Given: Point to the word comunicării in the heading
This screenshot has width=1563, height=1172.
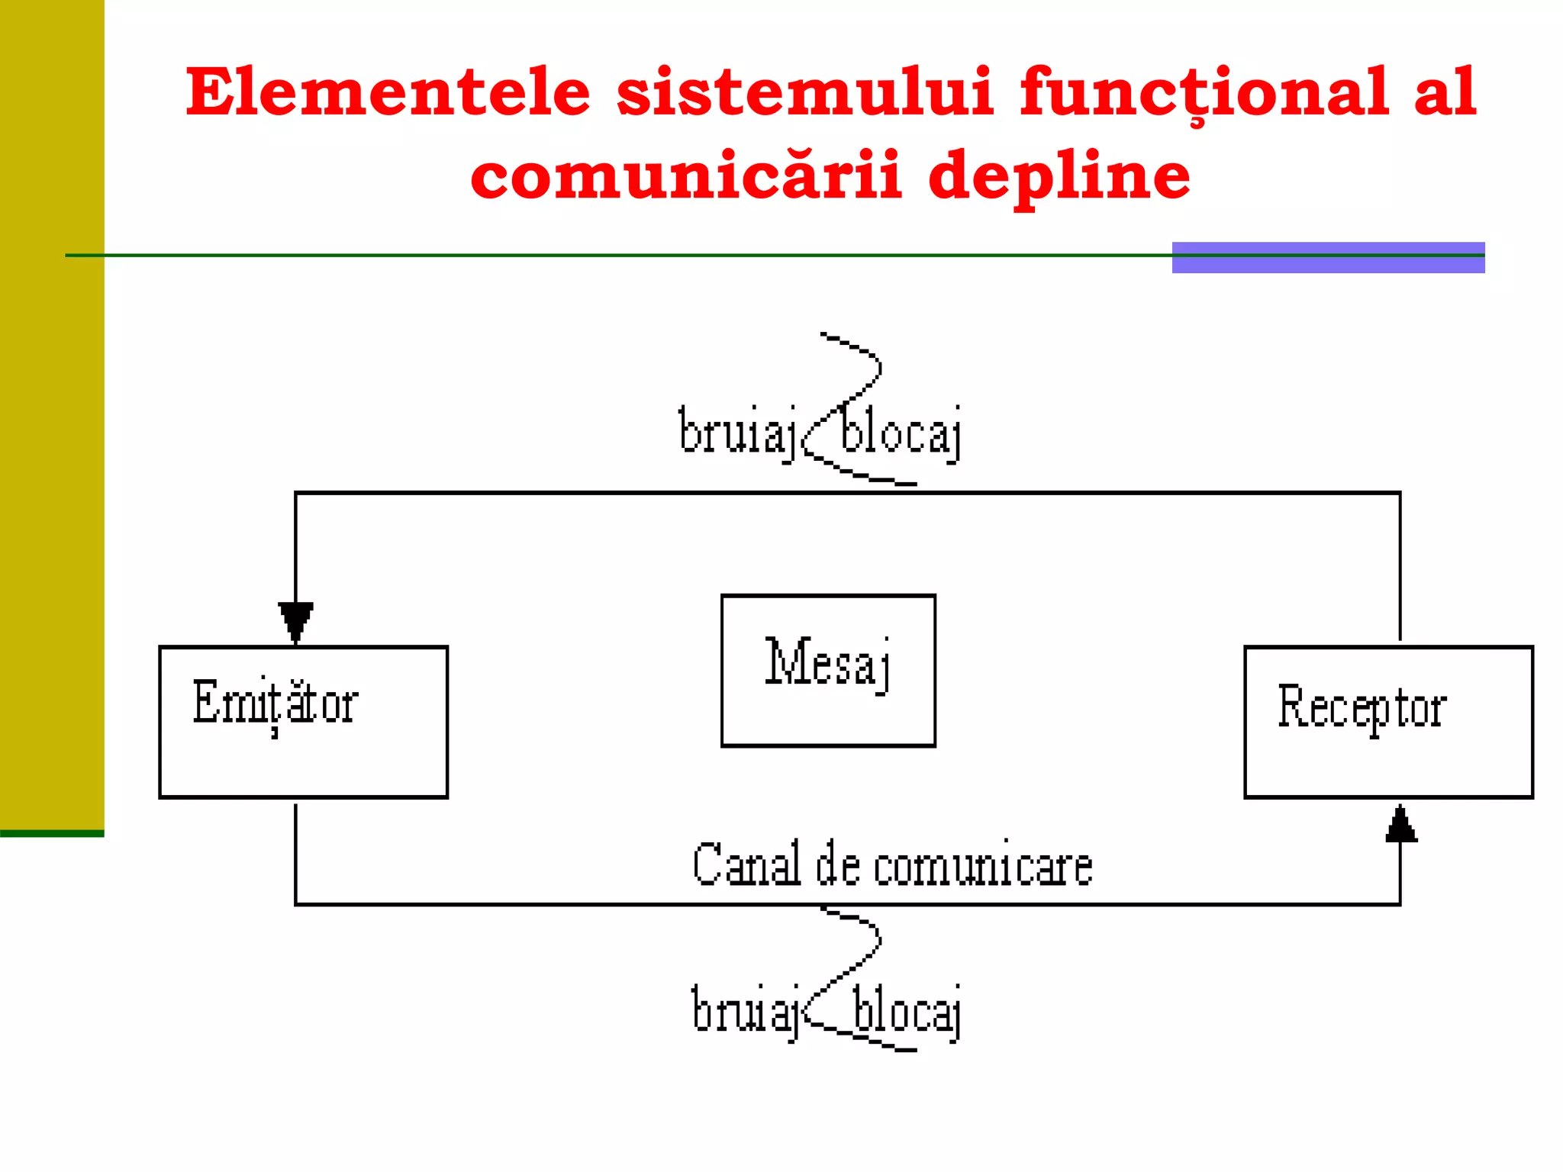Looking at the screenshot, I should click(686, 175).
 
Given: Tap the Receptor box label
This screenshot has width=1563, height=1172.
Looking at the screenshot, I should click(1362, 708).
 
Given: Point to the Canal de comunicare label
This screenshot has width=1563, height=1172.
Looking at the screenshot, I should click(892, 865).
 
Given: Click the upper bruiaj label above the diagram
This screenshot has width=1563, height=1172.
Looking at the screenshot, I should click(737, 432).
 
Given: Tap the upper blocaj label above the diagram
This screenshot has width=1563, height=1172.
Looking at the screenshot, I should click(901, 433).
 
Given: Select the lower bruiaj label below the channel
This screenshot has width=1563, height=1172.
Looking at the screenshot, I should click(745, 1010).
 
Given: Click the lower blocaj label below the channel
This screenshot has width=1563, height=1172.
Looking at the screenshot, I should click(907, 1012).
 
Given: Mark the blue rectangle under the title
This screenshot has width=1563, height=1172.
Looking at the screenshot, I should click(1328, 257).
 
